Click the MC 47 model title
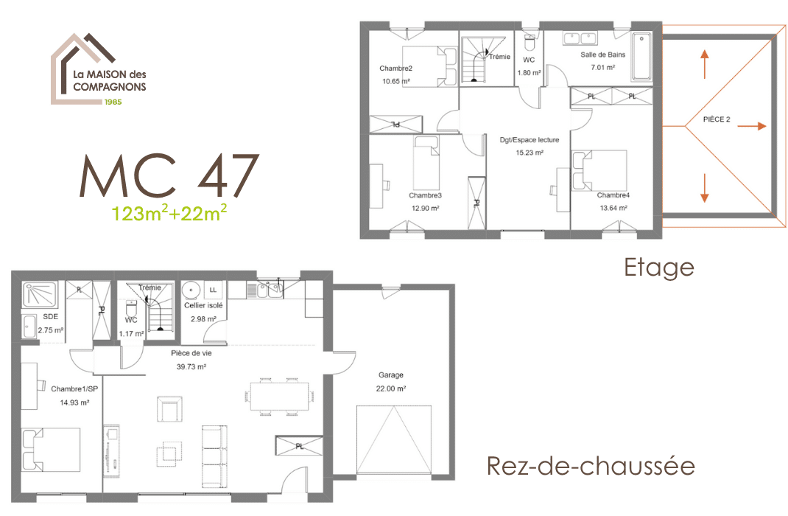point(169,175)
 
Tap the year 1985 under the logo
point(113,102)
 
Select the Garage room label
point(391,374)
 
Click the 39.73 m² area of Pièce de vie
point(191,366)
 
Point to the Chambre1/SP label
point(74,388)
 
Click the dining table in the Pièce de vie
point(280,397)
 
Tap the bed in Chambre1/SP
point(51,449)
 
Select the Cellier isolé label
point(203,305)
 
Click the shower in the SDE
point(40,295)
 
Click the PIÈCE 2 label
point(717,119)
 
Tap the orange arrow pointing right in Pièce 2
point(752,126)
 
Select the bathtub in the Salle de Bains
point(641,57)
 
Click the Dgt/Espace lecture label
point(530,140)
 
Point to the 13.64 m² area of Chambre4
point(613,208)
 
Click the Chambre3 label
point(425,195)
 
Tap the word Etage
point(659,268)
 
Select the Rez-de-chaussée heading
point(591,466)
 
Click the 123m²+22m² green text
point(169,213)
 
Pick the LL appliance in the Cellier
point(213,290)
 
